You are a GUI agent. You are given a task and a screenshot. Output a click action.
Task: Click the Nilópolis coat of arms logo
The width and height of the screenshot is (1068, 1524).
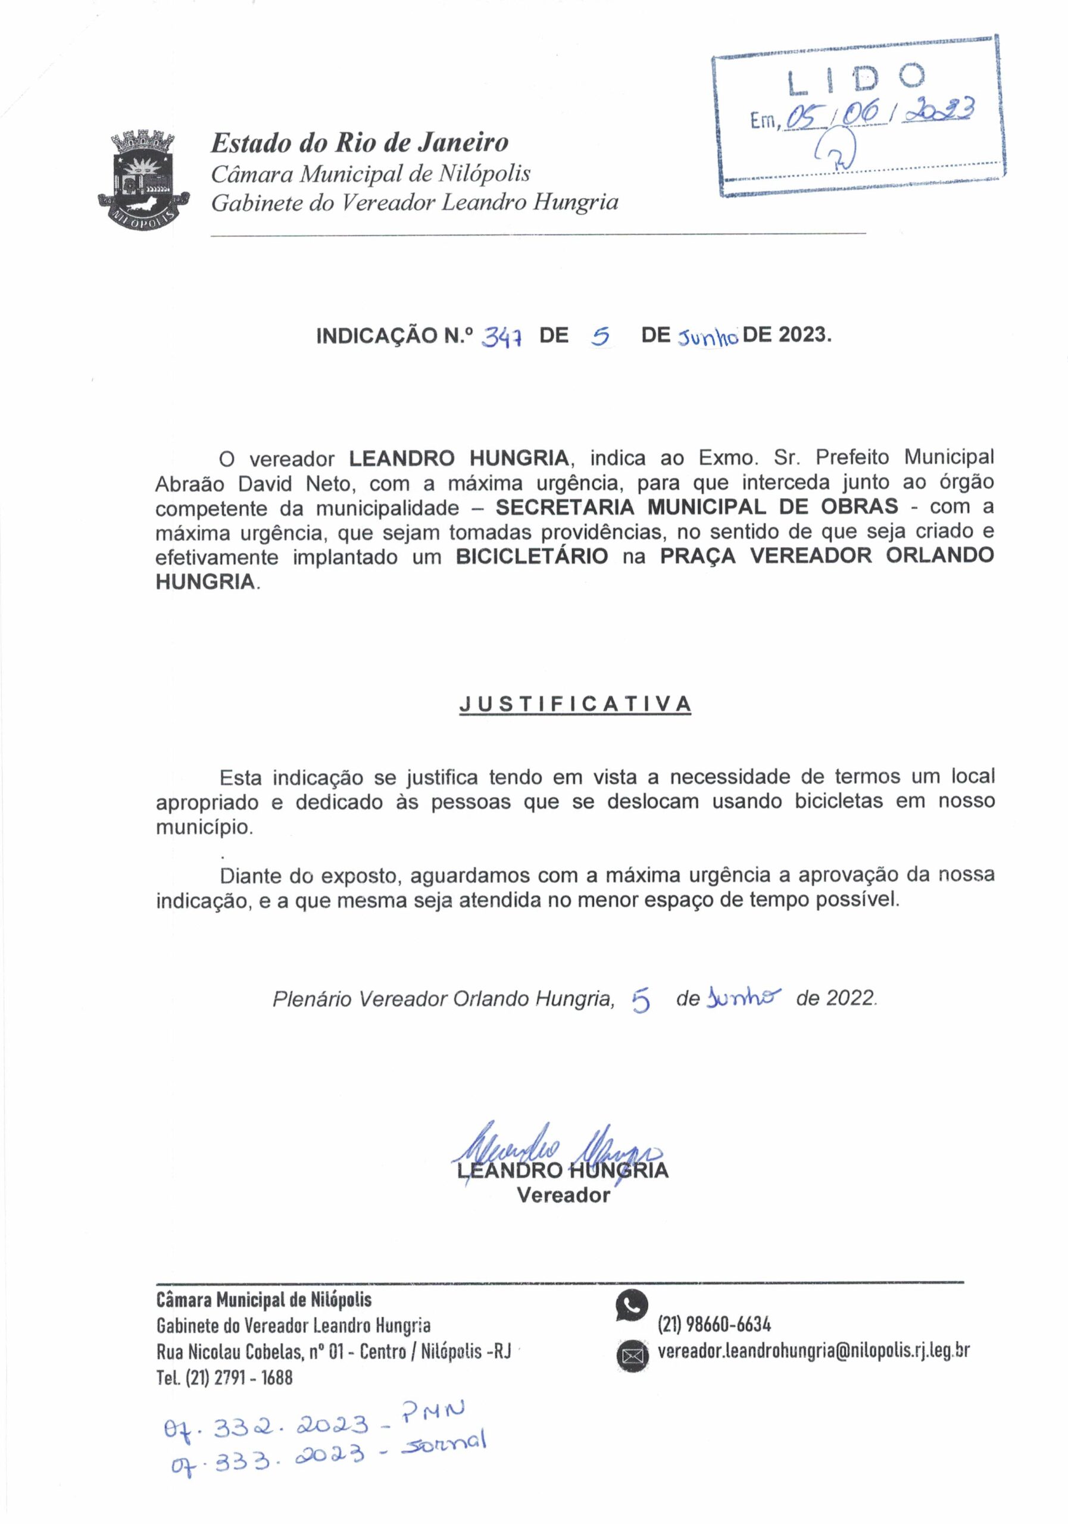click(143, 180)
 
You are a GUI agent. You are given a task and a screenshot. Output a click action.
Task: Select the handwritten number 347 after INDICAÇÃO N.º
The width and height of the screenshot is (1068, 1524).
click(502, 338)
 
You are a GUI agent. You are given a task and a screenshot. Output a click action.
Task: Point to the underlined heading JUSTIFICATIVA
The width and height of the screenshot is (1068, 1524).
click(575, 704)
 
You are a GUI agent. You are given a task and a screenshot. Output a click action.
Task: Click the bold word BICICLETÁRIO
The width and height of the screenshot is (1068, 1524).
click(532, 556)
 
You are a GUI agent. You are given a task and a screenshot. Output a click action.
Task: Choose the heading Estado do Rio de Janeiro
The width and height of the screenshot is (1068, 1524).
click(359, 142)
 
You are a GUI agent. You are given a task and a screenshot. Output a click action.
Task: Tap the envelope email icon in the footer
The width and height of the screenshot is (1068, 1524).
click(630, 1354)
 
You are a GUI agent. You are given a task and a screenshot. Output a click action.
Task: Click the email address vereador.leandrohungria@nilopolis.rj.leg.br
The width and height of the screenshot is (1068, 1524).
click(813, 1351)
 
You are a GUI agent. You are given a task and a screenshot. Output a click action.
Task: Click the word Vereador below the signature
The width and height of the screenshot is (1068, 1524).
click(563, 1195)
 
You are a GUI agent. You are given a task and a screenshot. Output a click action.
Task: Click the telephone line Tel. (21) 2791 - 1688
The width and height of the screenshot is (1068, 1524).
click(224, 1378)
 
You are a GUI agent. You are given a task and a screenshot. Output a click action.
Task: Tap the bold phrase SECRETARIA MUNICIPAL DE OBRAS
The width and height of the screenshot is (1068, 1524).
click(697, 507)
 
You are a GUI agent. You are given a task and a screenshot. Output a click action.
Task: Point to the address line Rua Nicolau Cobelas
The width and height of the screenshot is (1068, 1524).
click(333, 1351)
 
